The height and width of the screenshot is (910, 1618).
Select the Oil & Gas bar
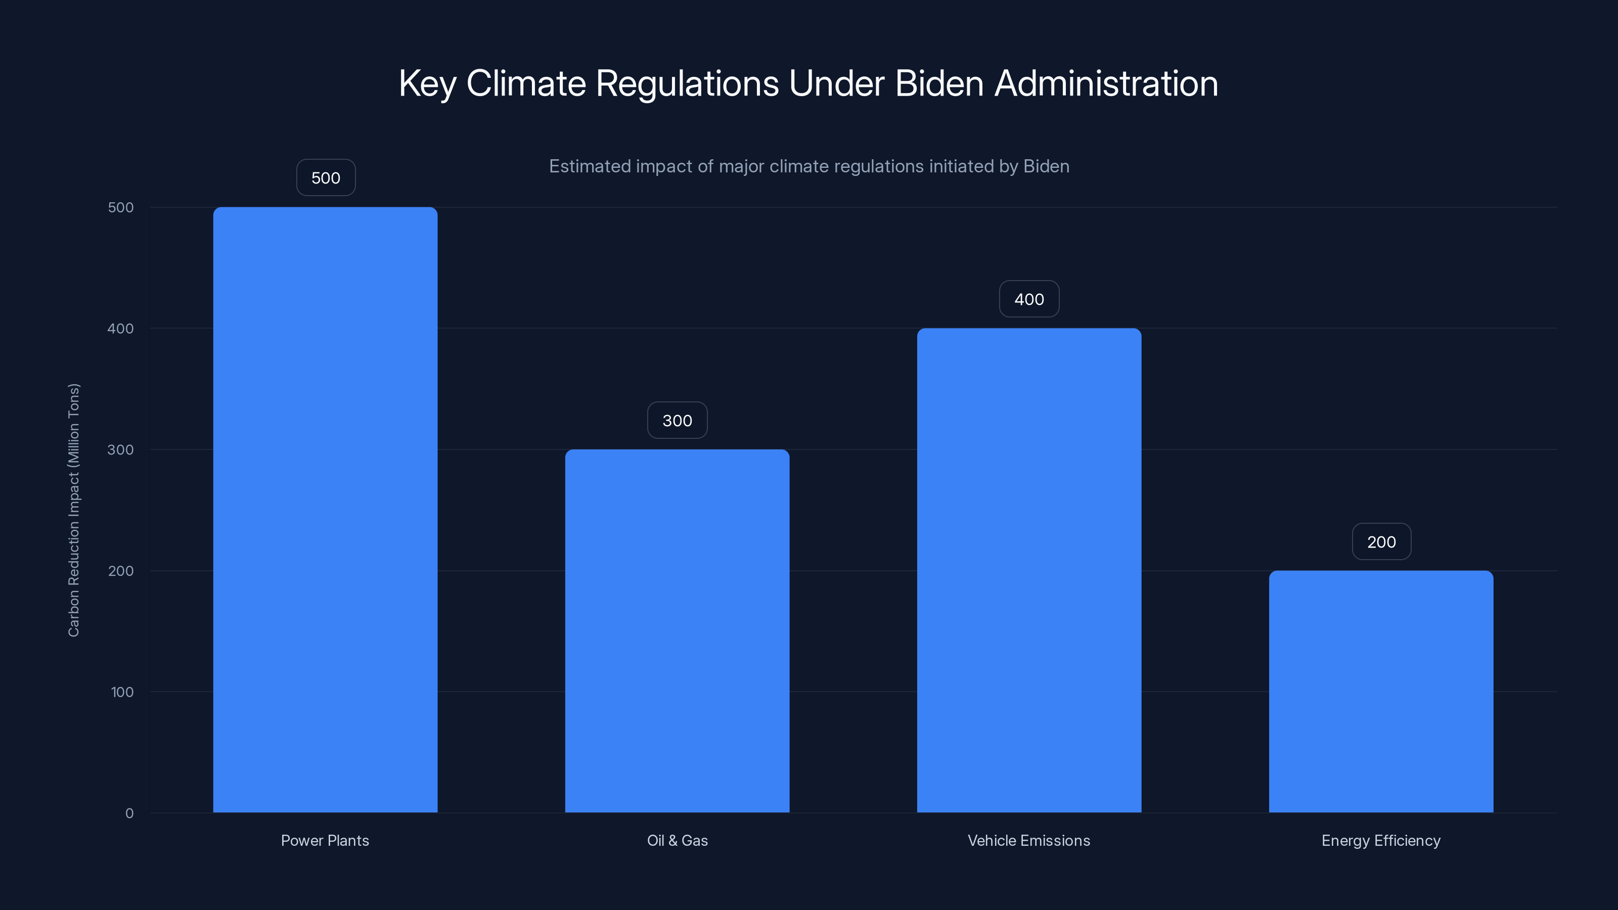[x=677, y=630]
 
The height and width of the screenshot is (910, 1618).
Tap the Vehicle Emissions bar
[x=1029, y=570]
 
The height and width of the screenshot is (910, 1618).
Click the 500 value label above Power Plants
[x=325, y=178]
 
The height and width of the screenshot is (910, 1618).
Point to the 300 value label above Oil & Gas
[x=677, y=421]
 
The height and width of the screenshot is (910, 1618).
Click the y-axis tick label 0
[x=129, y=813]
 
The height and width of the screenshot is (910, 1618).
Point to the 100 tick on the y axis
[x=122, y=692]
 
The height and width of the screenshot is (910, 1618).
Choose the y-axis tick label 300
[x=121, y=449]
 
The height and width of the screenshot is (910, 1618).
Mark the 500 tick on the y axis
[x=121, y=207]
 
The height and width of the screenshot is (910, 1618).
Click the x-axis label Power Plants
[x=325, y=840]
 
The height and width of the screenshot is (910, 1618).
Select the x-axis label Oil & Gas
[x=677, y=840]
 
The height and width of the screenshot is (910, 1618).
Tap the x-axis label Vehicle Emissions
[x=1029, y=840]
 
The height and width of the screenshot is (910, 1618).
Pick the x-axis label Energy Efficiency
[x=1380, y=840]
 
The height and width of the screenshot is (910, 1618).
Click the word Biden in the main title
[x=938, y=83]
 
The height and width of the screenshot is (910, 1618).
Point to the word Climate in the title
[x=526, y=83]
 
